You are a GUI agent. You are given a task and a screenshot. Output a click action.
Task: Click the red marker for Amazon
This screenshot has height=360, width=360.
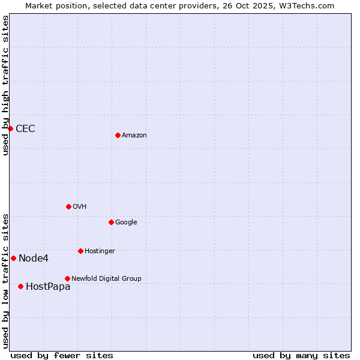[118, 135]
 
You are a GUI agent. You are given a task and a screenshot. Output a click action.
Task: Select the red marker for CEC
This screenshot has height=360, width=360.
[10, 128]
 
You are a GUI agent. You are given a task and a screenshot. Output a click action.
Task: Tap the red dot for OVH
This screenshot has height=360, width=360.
[68, 206]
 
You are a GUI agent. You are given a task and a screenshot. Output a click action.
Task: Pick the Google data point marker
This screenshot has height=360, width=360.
[111, 222]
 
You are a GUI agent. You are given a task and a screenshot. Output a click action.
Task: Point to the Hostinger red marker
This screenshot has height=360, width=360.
[80, 251]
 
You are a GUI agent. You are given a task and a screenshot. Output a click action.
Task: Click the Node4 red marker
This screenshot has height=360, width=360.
[13, 258]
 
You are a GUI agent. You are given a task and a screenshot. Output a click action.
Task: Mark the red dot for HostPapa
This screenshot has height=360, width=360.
[20, 286]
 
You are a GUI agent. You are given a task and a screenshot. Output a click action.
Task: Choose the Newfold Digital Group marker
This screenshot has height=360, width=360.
[67, 278]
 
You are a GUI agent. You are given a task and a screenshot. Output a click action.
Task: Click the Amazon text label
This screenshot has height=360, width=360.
[134, 136]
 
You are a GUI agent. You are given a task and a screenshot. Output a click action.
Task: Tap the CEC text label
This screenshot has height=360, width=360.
[25, 129]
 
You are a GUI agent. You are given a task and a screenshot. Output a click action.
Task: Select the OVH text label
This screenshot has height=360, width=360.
[80, 207]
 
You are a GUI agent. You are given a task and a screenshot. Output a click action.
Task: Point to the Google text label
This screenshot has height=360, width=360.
[126, 223]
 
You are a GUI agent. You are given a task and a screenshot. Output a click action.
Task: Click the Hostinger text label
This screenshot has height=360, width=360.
[100, 251]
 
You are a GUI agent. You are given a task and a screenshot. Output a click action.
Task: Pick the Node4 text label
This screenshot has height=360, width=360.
[34, 259]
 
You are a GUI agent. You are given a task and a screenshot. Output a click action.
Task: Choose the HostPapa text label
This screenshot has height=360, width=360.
[48, 287]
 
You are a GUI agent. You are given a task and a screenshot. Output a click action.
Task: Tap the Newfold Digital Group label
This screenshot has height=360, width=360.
[106, 279]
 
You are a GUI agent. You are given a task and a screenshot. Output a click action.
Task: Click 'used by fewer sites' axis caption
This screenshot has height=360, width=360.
[62, 356]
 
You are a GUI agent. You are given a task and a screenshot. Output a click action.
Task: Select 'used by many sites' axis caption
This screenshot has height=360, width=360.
[301, 356]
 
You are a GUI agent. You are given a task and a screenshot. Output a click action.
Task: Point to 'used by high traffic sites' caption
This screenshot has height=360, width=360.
[6, 85]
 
